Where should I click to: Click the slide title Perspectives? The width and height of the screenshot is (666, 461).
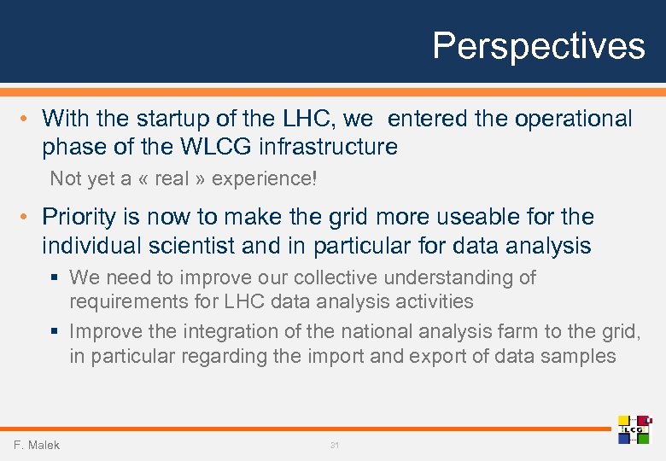coord(538,45)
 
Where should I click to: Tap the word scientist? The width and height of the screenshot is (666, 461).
coord(190,246)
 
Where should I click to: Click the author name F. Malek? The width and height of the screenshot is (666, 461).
coord(37,445)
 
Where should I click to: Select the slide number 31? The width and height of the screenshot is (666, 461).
coord(334,446)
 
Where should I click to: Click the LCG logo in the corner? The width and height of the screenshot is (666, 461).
coord(634,429)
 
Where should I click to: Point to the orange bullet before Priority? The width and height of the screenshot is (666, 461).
coord(28,217)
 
